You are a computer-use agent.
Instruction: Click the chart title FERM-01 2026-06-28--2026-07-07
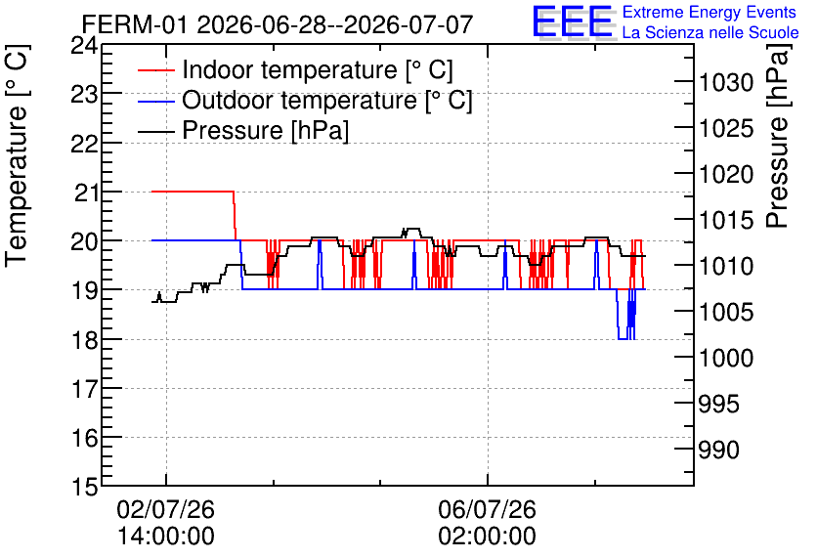tap(278, 25)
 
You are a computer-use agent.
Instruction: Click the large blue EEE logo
tap(573, 21)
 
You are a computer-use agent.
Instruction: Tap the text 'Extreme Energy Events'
tap(709, 12)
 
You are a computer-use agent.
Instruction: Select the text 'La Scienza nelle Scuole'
tap(710, 33)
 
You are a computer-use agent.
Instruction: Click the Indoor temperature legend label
tap(318, 69)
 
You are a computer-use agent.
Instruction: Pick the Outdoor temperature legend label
tap(326, 100)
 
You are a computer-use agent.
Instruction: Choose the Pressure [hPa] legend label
tap(265, 130)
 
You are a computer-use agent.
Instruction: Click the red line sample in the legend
tap(155, 69)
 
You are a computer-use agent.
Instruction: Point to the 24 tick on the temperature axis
tap(84, 46)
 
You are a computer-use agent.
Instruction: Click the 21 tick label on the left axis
tap(85, 193)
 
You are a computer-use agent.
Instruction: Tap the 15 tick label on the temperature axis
tap(84, 487)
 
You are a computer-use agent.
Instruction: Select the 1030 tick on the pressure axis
tap(726, 82)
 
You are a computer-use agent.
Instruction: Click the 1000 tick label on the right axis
tap(726, 358)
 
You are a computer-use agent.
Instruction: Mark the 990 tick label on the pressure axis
tap(718, 450)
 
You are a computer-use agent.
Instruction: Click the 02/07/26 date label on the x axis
tap(166, 509)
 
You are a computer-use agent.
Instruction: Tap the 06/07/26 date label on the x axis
tap(488, 509)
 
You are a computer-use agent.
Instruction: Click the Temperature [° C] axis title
tap(17, 156)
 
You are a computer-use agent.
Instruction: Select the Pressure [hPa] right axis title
tap(778, 137)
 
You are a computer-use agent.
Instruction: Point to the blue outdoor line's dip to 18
tap(623, 339)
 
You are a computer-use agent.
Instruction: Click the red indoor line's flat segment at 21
tap(193, 192)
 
